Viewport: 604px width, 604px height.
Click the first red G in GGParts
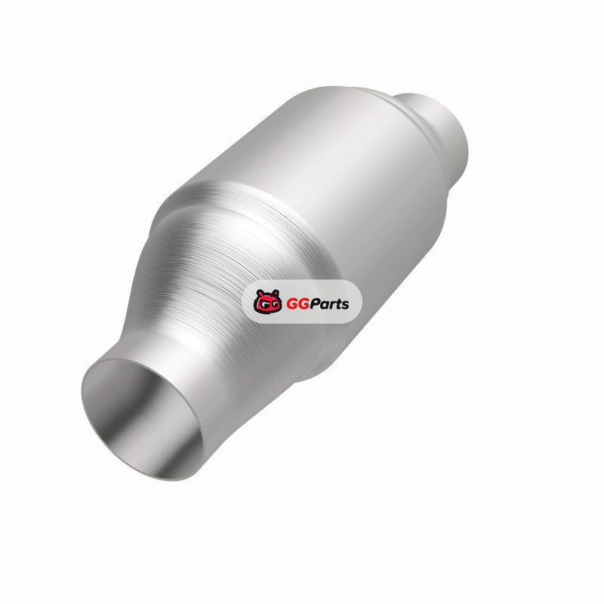(292, 304)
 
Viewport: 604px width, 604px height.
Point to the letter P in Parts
(315, 304)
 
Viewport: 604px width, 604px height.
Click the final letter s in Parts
(344, 306)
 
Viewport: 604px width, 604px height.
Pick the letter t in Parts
(337, 304)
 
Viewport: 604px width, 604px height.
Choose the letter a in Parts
(325, 306)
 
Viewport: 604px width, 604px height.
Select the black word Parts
(329, 304)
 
